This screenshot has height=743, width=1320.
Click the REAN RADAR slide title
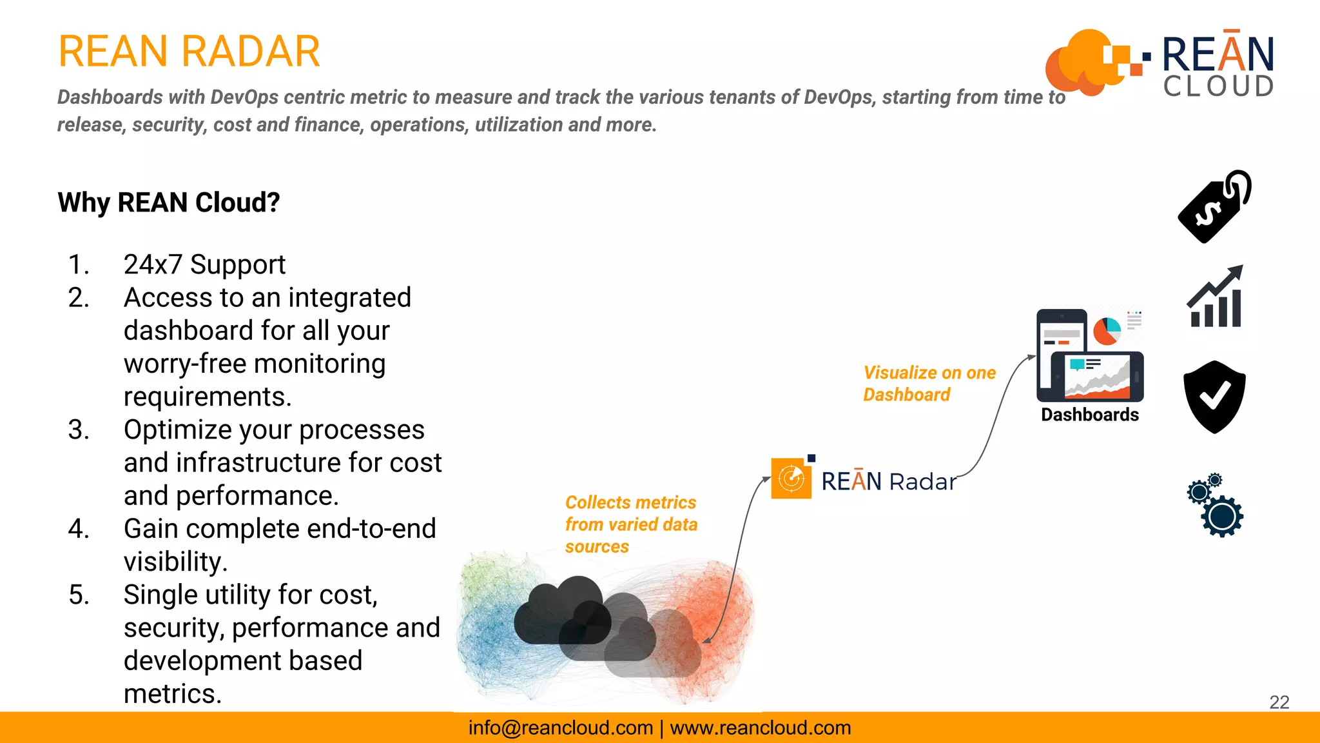pyautogui.click(x=189, y=52)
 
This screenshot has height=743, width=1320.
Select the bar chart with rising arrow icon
pyautogui.click(x=1216, y=298)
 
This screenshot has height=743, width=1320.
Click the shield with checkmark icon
pyautogui.click(x=1214, y=397)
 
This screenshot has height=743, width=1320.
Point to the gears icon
pyautogui.click(x=1216, y=506)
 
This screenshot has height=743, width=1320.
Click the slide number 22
pyautogui.click(x=1279, y=702)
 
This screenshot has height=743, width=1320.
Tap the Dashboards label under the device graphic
pyautogui.click(x=1089, y=415)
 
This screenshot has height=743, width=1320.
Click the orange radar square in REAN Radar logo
pyautogui.click(x=791, y=478)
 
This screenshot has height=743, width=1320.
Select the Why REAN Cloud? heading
pyautogui.click(x=169, y=203)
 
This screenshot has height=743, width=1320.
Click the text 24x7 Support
pyautogui.click(x=204, y=264)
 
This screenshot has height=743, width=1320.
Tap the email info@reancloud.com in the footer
pyautogui.click(x=560, y=728)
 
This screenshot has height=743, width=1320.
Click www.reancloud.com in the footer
pyautogui.click(x=761, y=728)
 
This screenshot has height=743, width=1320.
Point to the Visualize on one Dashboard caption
pyautogui.click(x=928, y=383)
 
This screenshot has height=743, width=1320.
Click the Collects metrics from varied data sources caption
pyautogui.click(x=630, y=524)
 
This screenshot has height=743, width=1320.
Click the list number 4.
pyautogui.click(x=78, y=529)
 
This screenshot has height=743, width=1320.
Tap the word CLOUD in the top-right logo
pyautogui.click(x=1218, y=86)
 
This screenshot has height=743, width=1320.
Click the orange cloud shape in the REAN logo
pyautogui.click(x=1080, y=61)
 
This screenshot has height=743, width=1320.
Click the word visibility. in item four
pyautogui.click(x=175, y=562)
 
